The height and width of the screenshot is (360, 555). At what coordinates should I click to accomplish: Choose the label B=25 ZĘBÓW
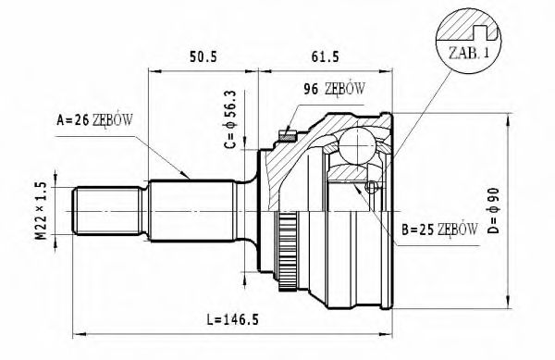coord(439,228)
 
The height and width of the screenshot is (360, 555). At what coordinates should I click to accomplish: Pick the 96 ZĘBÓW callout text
coord(334,90)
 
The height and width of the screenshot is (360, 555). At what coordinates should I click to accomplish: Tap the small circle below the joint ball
coord(371,188)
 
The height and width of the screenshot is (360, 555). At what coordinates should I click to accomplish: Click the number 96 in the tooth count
coord(312,90)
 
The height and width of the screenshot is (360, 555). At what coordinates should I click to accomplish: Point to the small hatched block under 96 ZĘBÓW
coord(288,136)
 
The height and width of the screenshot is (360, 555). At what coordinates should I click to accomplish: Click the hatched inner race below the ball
coord(352,172)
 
